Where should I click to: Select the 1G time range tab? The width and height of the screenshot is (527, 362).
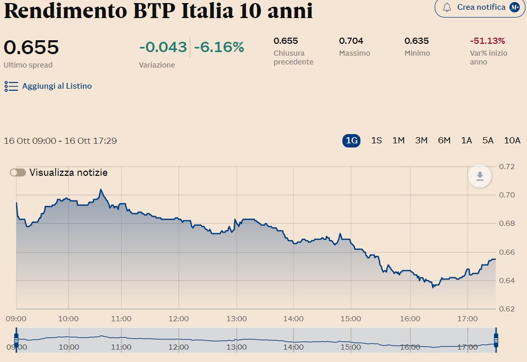[x=351, y=140]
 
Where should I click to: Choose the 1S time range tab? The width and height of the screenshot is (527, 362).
[x=376, y=140]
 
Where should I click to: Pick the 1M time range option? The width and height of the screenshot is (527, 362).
[x=398, y=140]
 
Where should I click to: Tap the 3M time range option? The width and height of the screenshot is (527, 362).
[x=421, y=140]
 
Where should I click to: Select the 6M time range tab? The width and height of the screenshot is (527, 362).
[x=444, y=140]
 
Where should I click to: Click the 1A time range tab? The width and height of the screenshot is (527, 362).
[x=466, y=140]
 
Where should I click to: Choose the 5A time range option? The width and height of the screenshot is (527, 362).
[x=488, y=140]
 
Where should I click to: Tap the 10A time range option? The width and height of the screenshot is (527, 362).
[x=512, y=140]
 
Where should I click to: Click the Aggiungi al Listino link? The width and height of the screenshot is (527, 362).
[x=57, y=86]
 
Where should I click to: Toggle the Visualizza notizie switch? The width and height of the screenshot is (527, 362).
[x=18, y=173]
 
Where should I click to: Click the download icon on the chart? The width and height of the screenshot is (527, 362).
[x=480, y=176]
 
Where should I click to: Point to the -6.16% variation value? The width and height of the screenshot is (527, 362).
[x=219, y=47]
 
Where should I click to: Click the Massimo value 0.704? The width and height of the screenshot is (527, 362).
[x=351, y=41]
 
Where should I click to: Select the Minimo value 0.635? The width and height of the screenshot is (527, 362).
[x=417, y=41]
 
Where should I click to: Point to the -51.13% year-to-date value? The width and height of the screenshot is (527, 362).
[x=487, y=41]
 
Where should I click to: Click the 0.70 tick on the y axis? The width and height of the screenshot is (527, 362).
[x=507, y=195]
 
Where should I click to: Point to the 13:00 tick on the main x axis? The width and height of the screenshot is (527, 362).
[x=237, y=319]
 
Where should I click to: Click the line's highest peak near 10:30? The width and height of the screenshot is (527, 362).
[x=101, y=189]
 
